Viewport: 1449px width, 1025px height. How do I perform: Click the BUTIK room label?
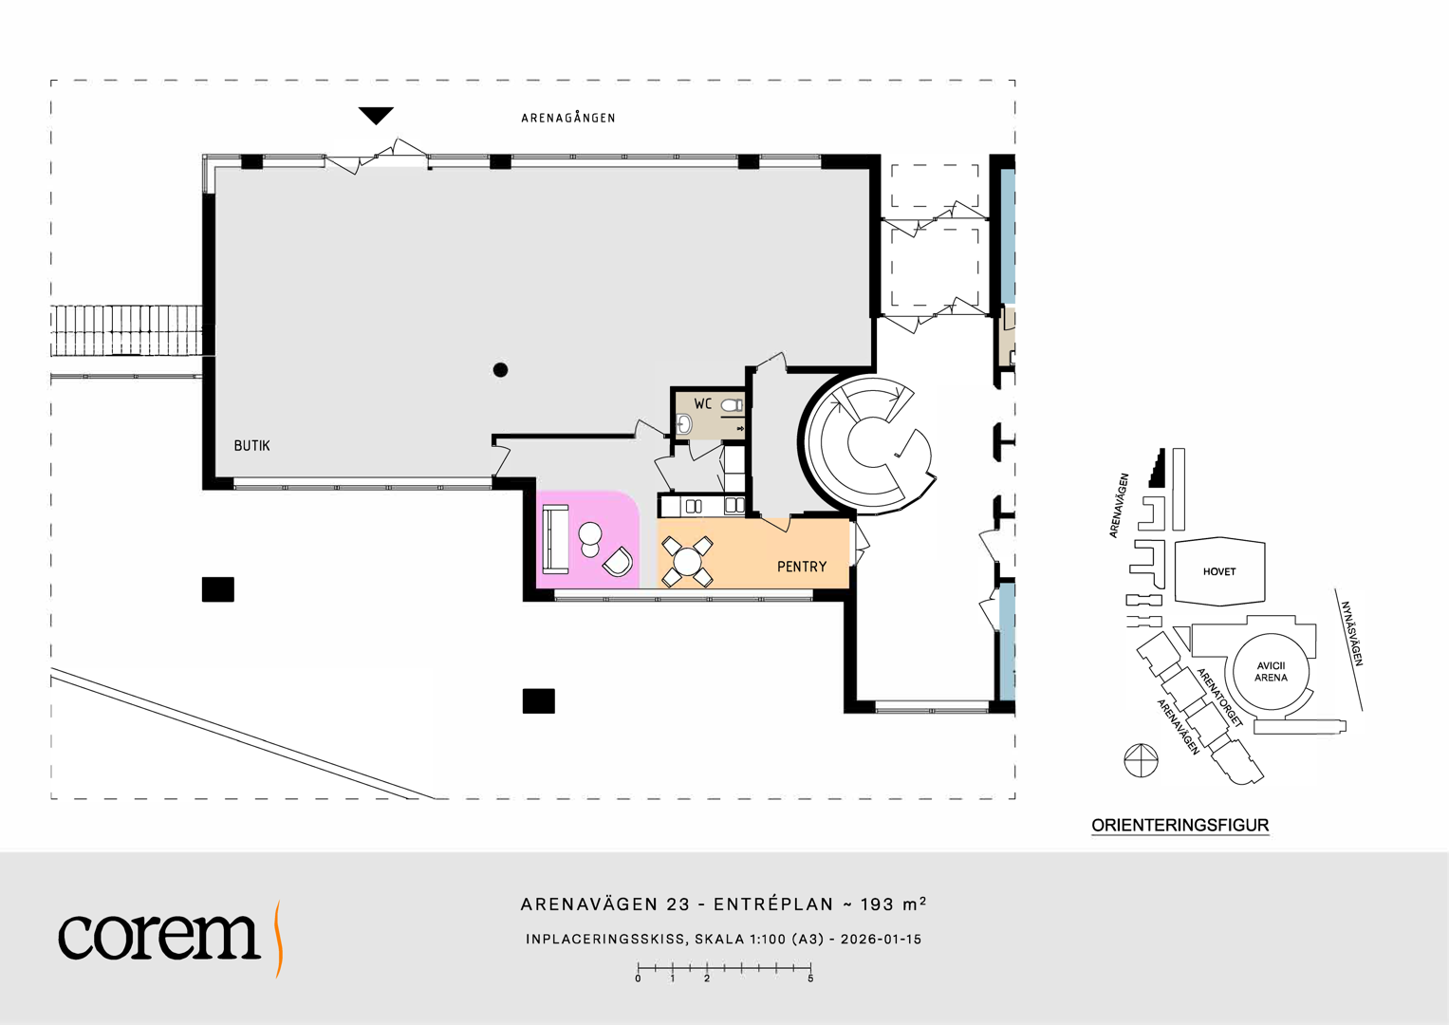(251, 446)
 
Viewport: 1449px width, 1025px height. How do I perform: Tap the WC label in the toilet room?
(702, 404)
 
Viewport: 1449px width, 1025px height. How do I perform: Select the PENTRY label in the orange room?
(802, 567)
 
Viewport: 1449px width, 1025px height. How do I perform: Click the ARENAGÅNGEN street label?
(568, 118)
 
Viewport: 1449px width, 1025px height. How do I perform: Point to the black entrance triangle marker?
(376, 115)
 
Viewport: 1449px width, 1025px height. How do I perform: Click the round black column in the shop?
(500, 370)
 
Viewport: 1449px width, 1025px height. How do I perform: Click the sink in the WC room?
(684, 424)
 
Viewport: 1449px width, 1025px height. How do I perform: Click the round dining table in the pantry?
(687, 560)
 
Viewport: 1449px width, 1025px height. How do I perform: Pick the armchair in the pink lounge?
(618, 561)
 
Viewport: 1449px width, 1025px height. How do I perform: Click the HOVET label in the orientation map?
(1219, 572)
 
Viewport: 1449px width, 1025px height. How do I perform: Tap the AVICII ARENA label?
(1272, 672)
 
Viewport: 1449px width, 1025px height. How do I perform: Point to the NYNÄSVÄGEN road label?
(1352, 634)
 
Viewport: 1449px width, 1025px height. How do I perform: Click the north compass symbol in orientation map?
(1142, 760)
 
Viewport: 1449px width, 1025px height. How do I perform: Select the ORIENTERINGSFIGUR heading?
(1180, 826)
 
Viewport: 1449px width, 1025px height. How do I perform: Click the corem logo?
(171, 938)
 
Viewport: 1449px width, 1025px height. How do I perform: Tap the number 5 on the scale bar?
(810, 979)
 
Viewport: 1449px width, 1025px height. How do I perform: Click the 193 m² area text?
(893, 904)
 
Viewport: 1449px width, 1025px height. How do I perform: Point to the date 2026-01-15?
(881, 940)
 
